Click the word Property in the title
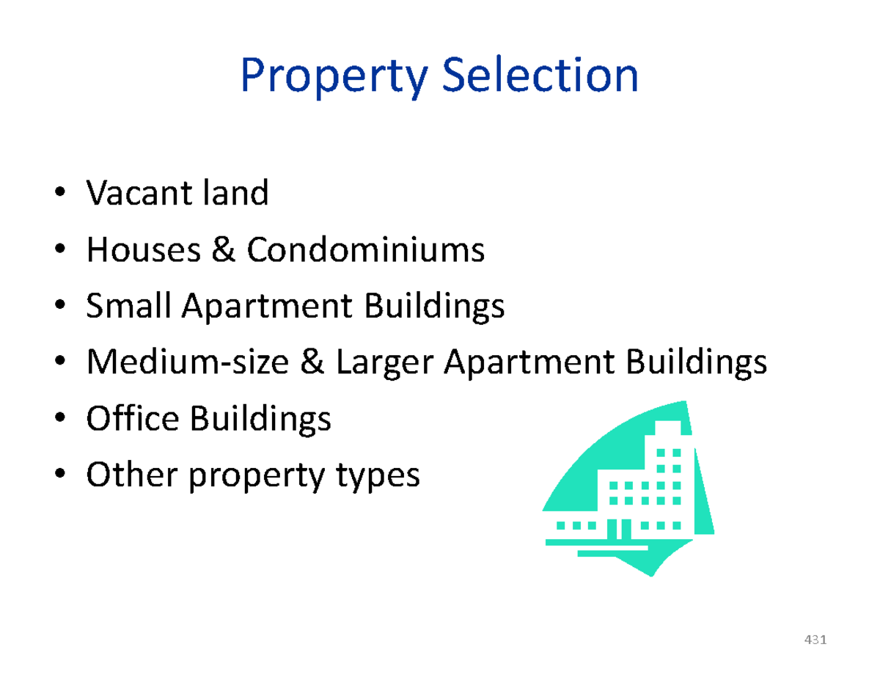click(x=332, y=77)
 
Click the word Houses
click(x=140, y=251)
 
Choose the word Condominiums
click(x=365, y=251)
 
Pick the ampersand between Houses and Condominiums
click(x=225, y=251)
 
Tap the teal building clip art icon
click(x=628, y=489)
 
